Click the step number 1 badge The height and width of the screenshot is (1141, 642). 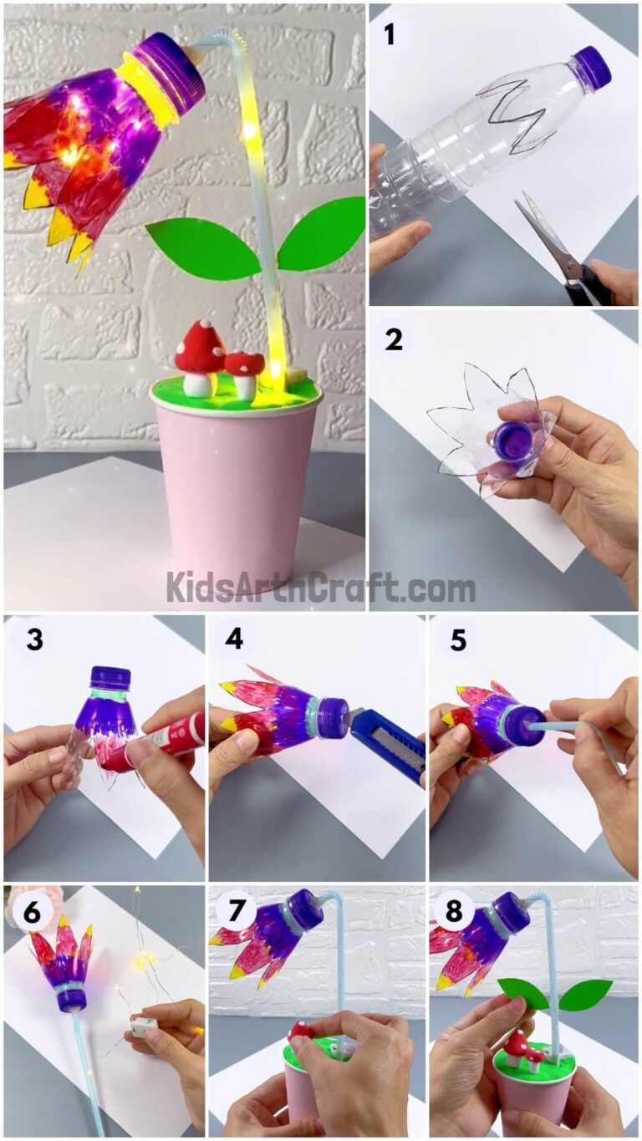(390, 35)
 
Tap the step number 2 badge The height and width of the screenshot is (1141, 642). (393, 339)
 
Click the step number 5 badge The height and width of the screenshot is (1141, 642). (457, 640)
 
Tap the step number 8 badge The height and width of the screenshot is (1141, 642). (456, 913)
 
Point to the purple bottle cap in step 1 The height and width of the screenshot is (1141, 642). (593, 67)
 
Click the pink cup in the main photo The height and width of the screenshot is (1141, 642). (238, 485)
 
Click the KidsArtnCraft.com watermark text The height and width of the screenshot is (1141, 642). (320, 588)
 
